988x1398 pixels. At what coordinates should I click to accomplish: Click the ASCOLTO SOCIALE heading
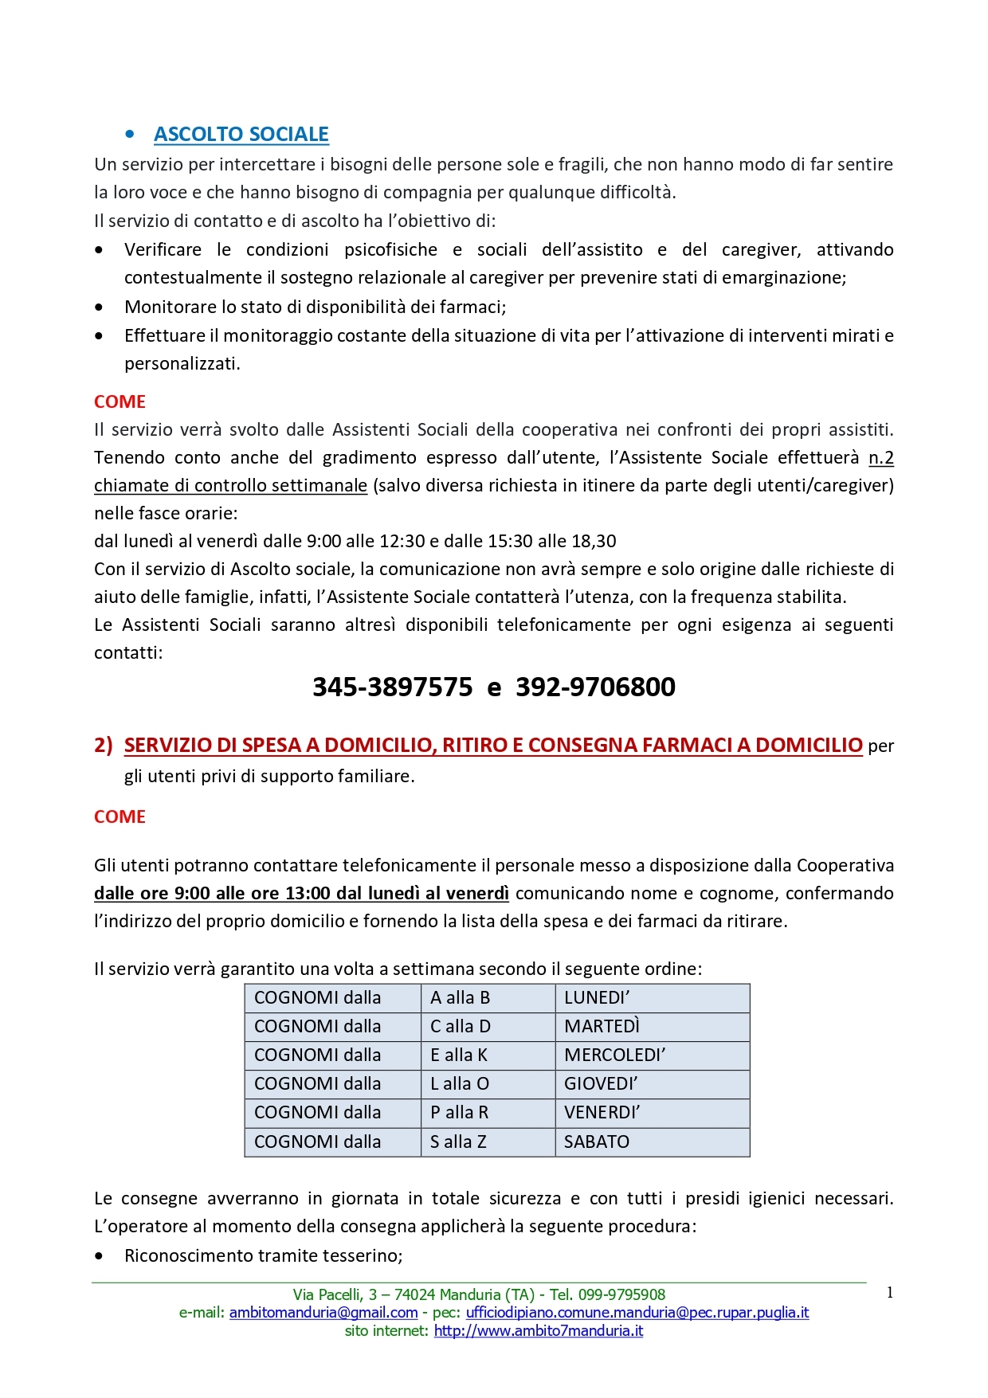[x=241, y=134]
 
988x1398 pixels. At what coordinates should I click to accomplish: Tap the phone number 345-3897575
[x=392, y=687]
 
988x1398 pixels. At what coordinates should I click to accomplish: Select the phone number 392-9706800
[x=595, y=687]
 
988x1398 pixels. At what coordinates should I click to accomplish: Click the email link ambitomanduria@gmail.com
[x=323, y=1312]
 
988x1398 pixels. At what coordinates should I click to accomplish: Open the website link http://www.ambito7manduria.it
[x=538, y=1330]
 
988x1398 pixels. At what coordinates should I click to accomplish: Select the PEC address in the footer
[x=637, y=1312]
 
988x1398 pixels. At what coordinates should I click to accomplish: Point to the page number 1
[x=890, y=1293]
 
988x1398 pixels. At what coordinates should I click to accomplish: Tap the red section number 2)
[x=104, y=745]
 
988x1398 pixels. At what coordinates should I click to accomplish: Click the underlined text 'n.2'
[x=880, y=457]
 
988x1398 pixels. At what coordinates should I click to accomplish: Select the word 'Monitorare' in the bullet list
[x=162, y=307]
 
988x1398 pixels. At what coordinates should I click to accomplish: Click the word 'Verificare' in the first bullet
[x=163, y=249]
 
